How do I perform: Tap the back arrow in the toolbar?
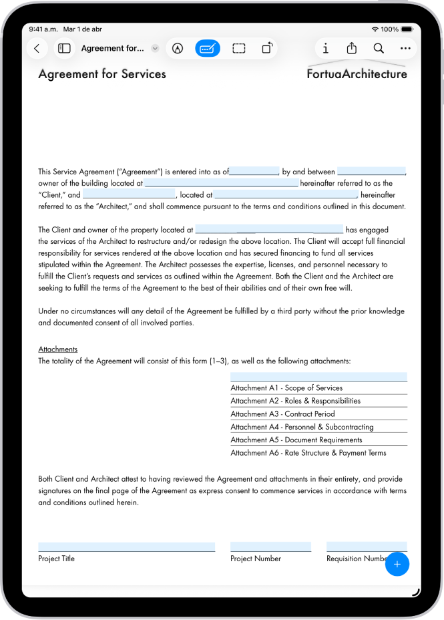click(37, 48)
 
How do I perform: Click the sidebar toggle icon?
click(65, 48)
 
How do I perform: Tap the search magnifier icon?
click(379, 48)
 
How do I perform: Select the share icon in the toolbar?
click(352, 48)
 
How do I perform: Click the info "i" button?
click(325, 48)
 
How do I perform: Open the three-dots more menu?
click(405, 48)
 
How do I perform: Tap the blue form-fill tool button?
click(208, 48)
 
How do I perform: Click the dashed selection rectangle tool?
click(239, 48)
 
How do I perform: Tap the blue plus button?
click(397, 565)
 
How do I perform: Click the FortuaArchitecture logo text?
click(357, 74)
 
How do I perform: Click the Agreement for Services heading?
click(102, 74)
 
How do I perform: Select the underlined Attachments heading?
click(58, 349)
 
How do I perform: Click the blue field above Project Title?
click(126, 547)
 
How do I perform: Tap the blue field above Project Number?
click(270, 547)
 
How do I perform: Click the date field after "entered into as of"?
click(254, 171)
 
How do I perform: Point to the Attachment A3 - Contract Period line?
click(282, 414)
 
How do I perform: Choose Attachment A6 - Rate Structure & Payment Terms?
click(308, 452)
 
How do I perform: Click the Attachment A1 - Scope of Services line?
click(286, 387)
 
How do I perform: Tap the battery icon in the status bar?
click(407, 29)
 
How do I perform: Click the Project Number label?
click(256, 559)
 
